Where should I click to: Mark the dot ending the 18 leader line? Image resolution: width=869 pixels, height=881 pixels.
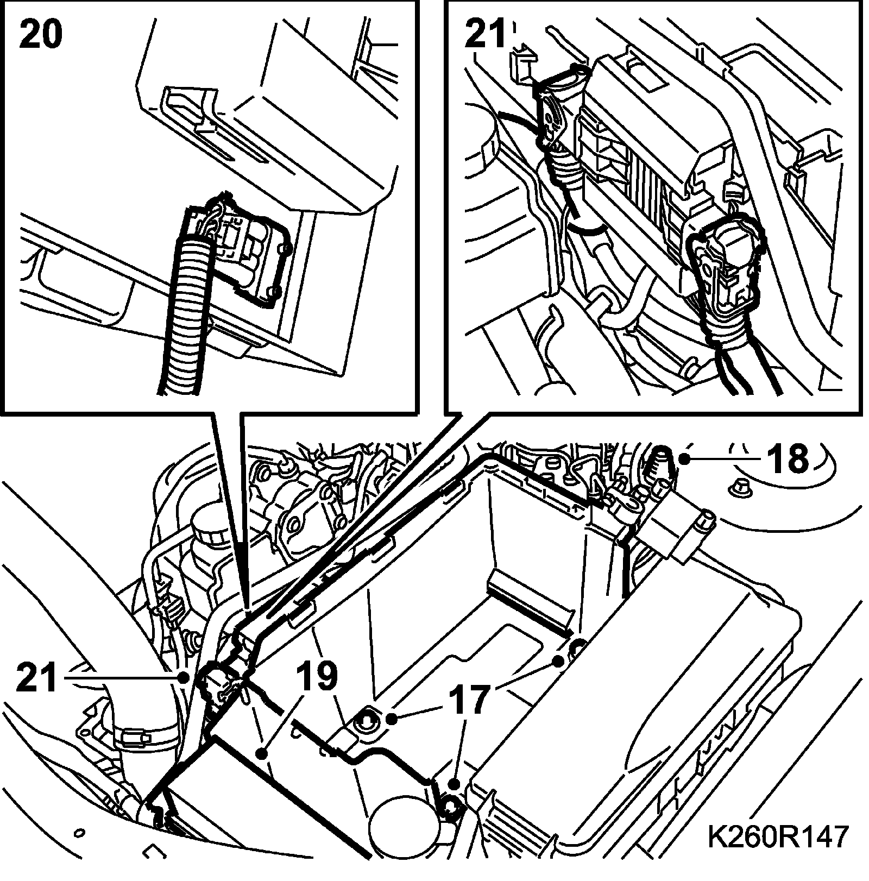(x=687, y=460)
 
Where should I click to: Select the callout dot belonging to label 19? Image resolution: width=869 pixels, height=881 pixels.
(x=262, y=753)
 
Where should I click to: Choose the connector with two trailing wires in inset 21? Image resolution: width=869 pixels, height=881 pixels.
(x=725, y=272)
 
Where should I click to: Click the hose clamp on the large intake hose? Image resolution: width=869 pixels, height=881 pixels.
(x=136, y=736)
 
